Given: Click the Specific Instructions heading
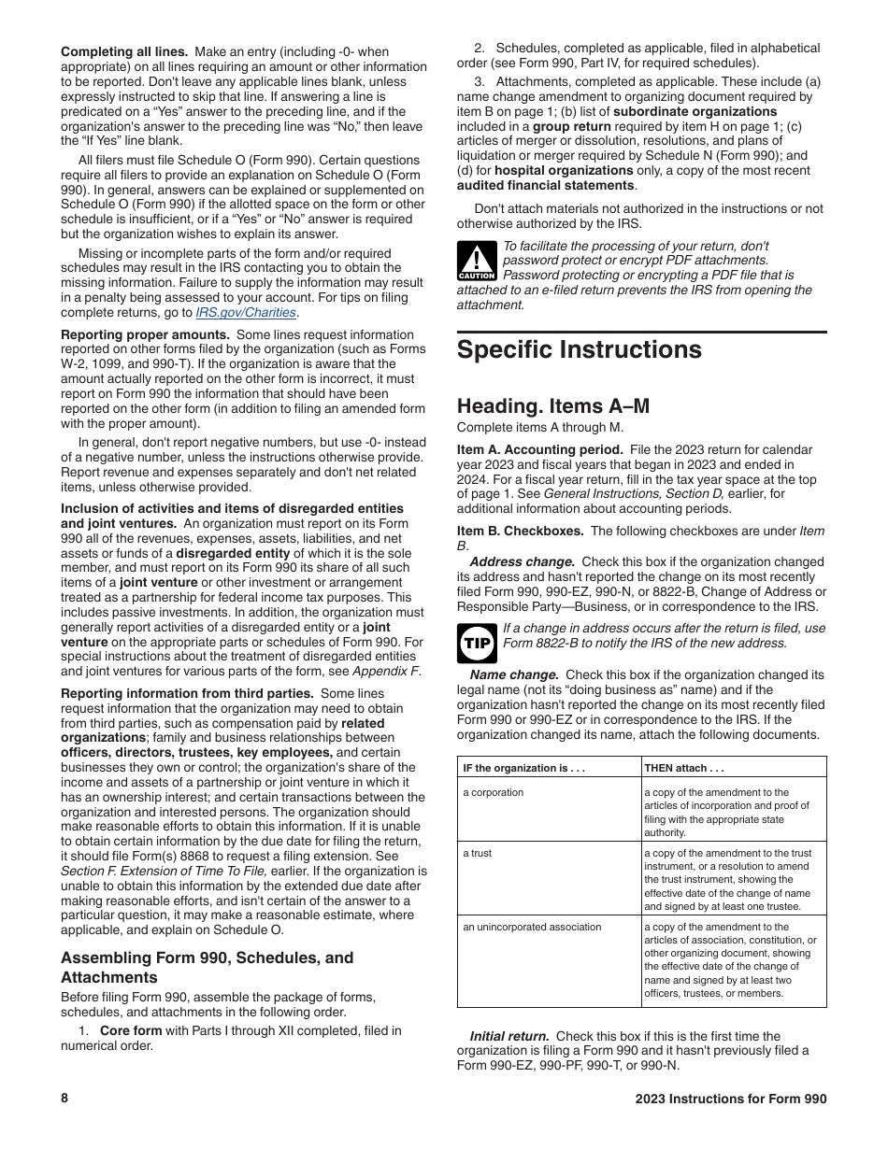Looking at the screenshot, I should (579, 350).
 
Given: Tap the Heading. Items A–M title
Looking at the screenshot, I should (552, 406).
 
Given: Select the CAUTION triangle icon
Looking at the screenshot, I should (477, 262).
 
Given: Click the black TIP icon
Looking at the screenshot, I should (477, 643).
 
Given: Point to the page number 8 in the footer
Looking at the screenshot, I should (64, 1099).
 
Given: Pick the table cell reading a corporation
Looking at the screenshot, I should (494, 792).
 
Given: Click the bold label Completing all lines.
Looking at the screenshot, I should (124, 52).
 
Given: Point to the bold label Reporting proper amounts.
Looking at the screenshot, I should (145, 334).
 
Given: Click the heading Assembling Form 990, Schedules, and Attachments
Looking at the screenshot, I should (207, 967).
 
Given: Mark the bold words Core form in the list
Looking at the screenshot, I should (130, 1030).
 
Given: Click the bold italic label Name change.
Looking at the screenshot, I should (514, 674).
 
